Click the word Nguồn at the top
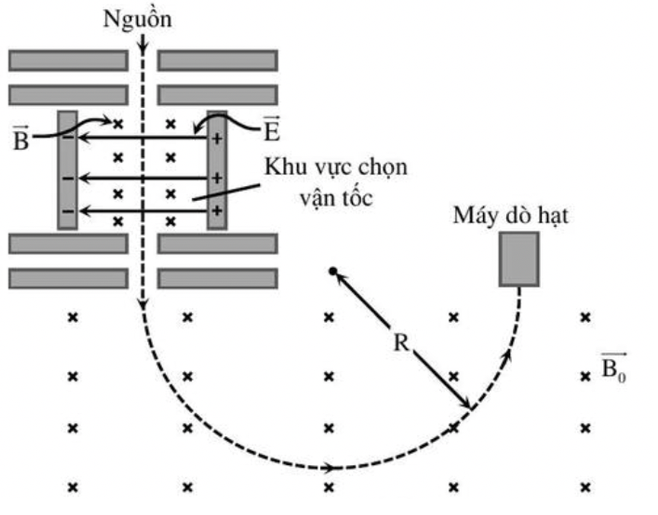click(138, 19)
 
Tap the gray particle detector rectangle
click(519, 258)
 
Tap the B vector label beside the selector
click(21, 139)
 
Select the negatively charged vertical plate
click(67, 170)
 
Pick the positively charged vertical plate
click(217, 170)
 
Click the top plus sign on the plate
click(217, 138)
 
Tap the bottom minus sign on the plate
click(67, 211)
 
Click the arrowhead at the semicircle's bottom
click(327, 467)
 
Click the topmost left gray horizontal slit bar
click(68, 60)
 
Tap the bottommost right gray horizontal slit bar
click(217, 278)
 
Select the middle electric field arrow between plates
click(142, 179)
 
